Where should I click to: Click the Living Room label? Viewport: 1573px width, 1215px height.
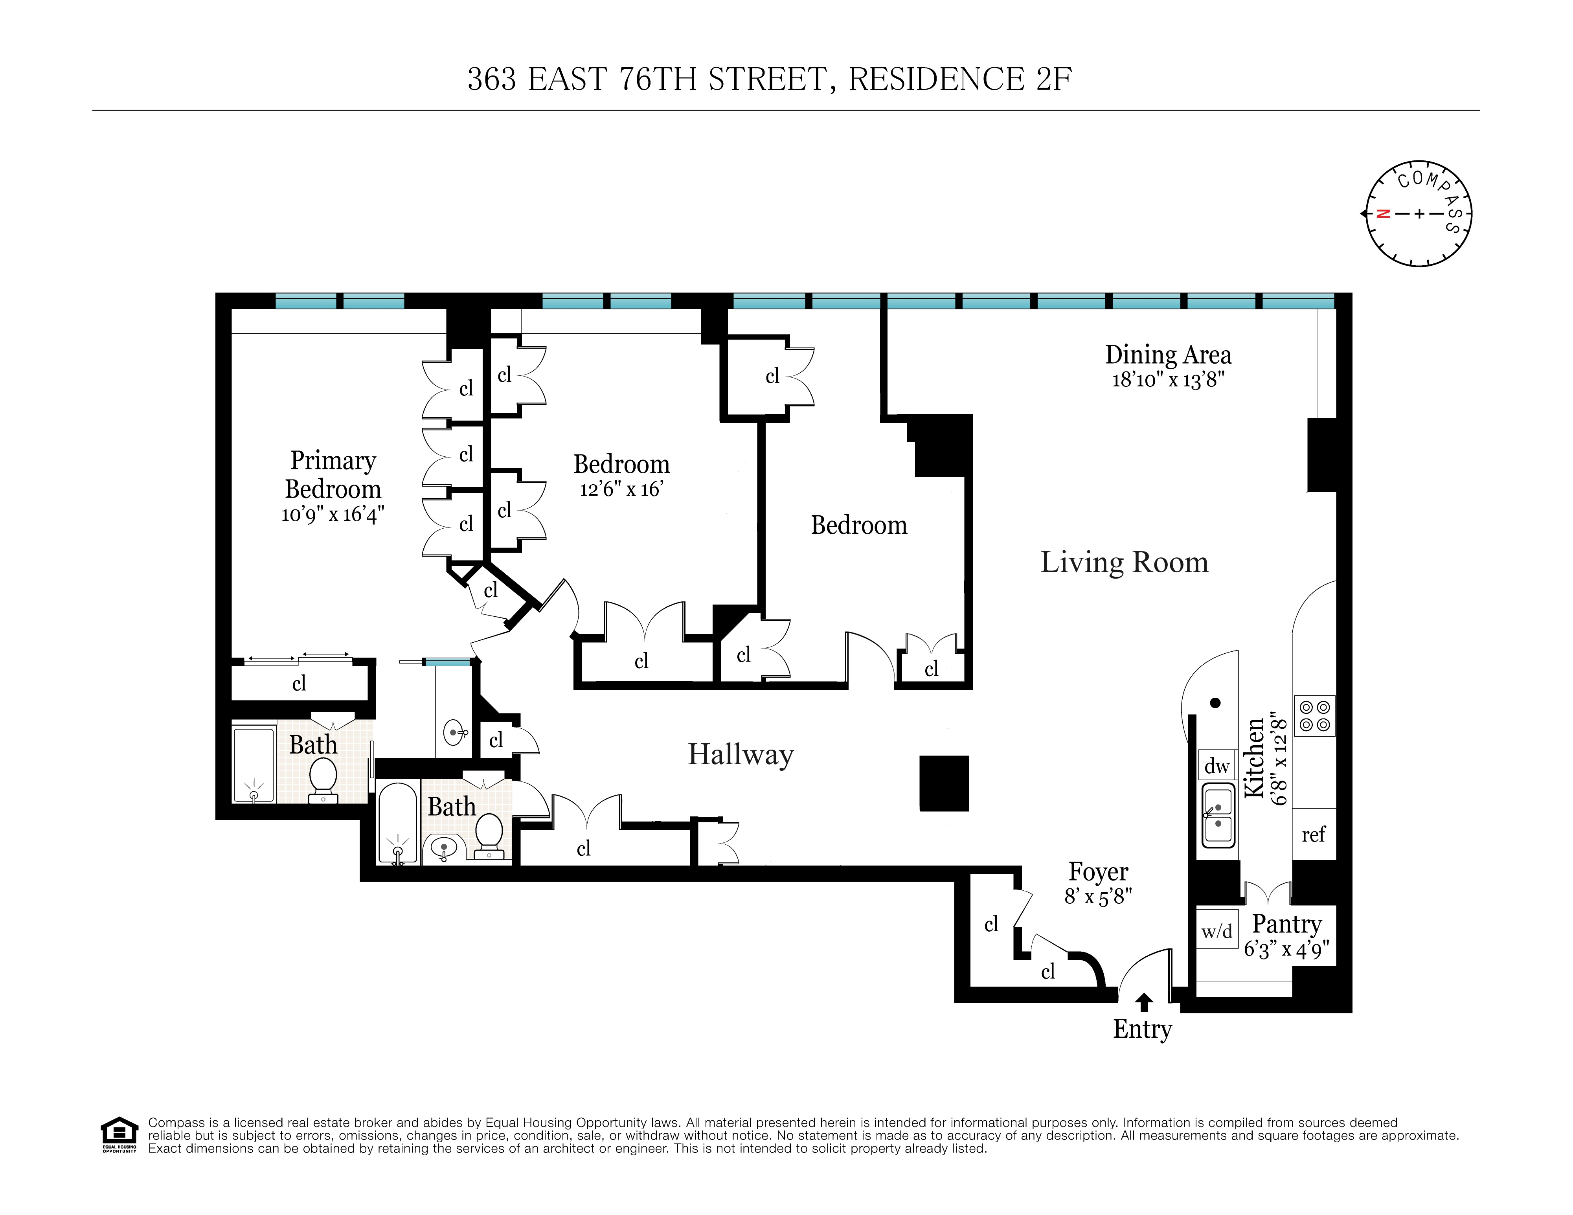pyautogui.click(x=1124, y=562)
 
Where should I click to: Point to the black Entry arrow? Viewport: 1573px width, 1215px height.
pyautogui.click(x=1144, y=1002)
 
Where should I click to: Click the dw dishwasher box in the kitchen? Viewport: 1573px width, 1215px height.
pyautogui.click(x=1217, y=766)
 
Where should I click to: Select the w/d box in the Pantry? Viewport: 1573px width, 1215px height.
pyautogui.click(x=1217, y=931)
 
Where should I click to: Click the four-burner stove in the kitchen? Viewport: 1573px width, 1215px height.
pyautogui.click(x=1314, y=716)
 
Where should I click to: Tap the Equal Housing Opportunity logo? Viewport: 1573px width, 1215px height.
pyautogui.click(x=119, y=1135)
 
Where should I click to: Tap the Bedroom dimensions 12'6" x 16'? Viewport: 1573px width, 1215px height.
pyautogui.click(x=621, y=490)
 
